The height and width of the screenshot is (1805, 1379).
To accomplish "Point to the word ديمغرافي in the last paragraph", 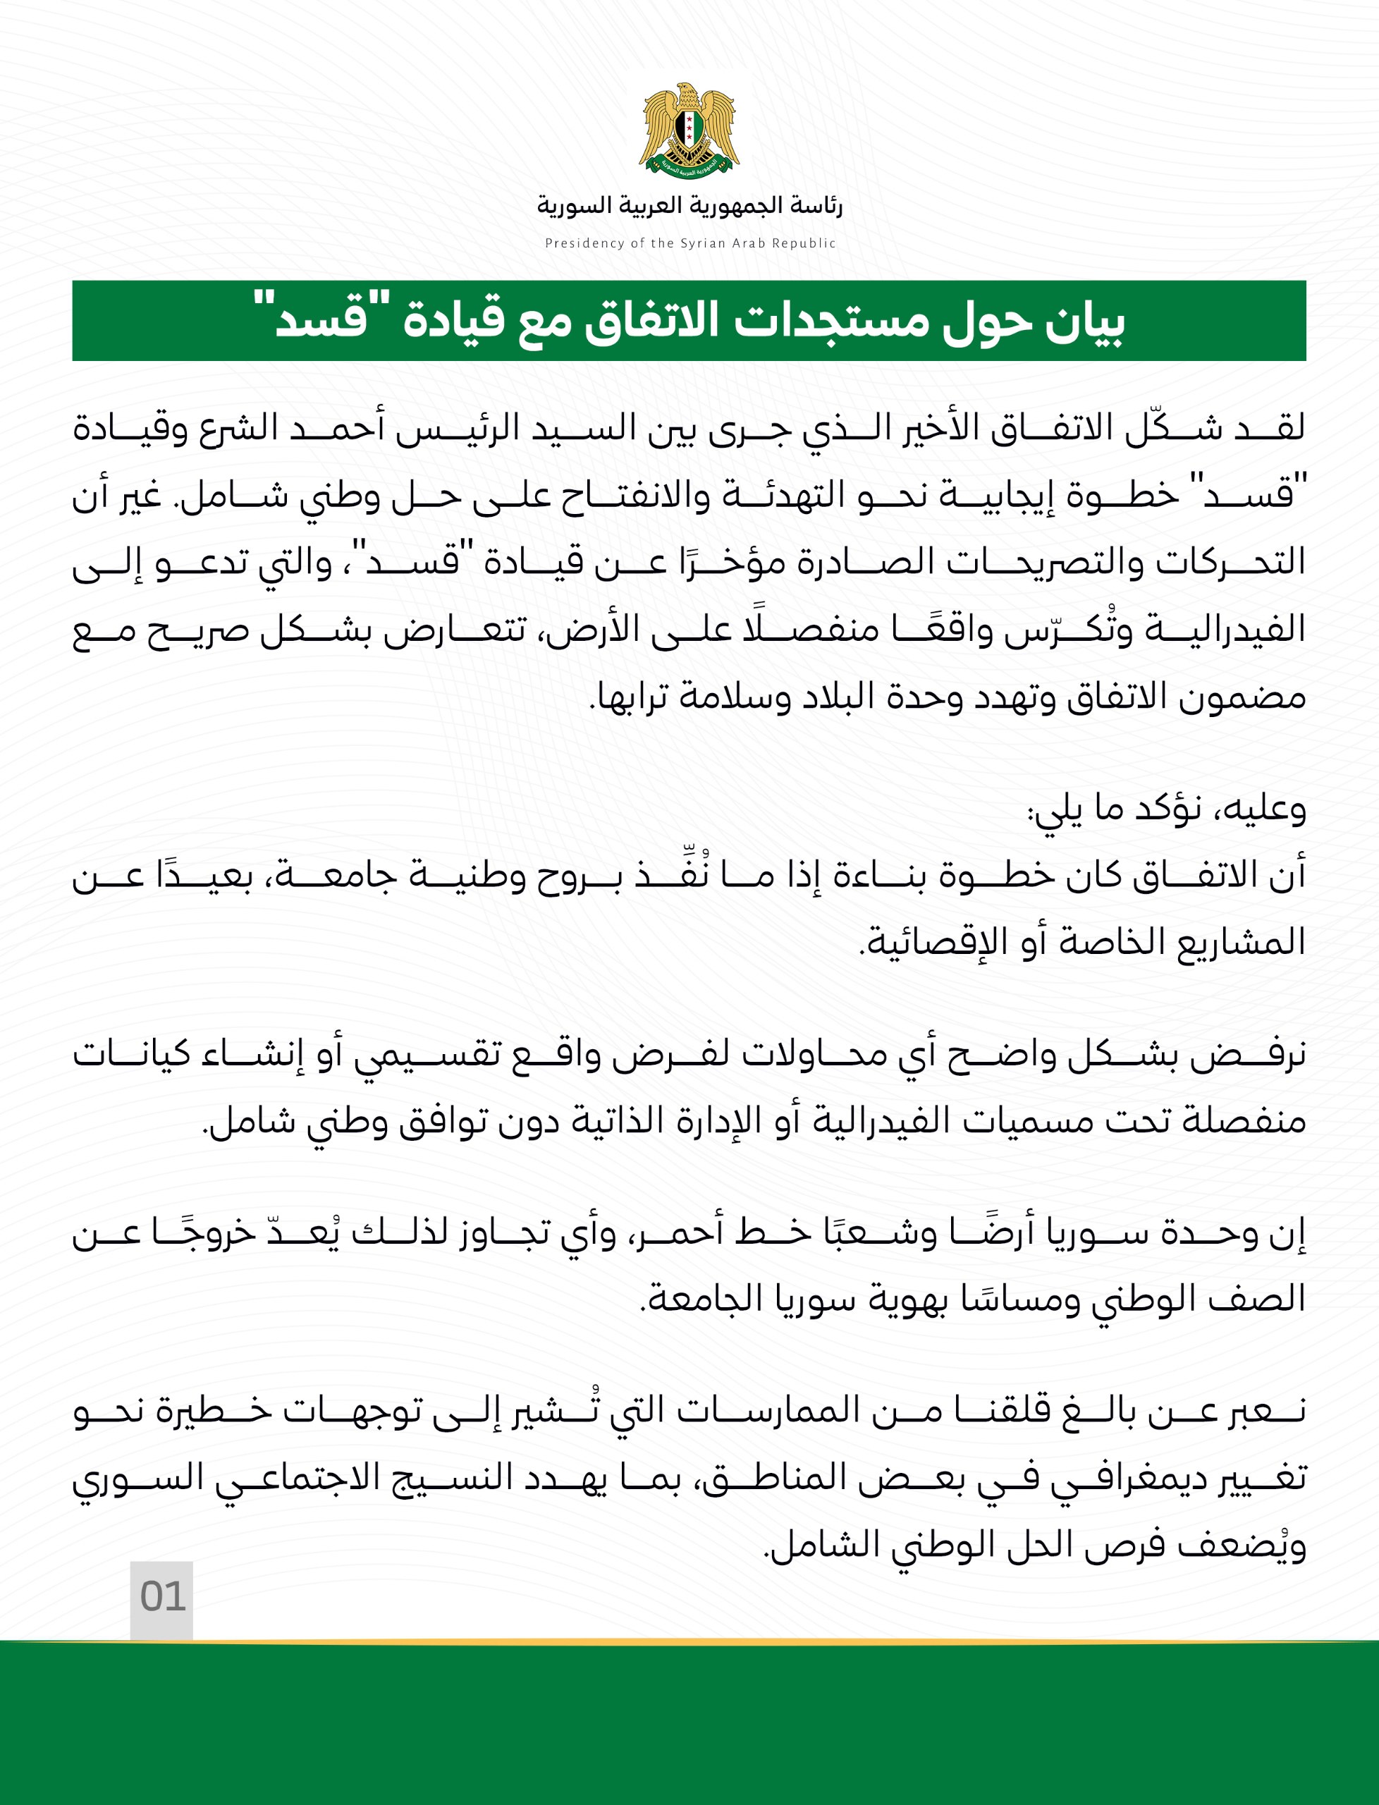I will [1123, 1479].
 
